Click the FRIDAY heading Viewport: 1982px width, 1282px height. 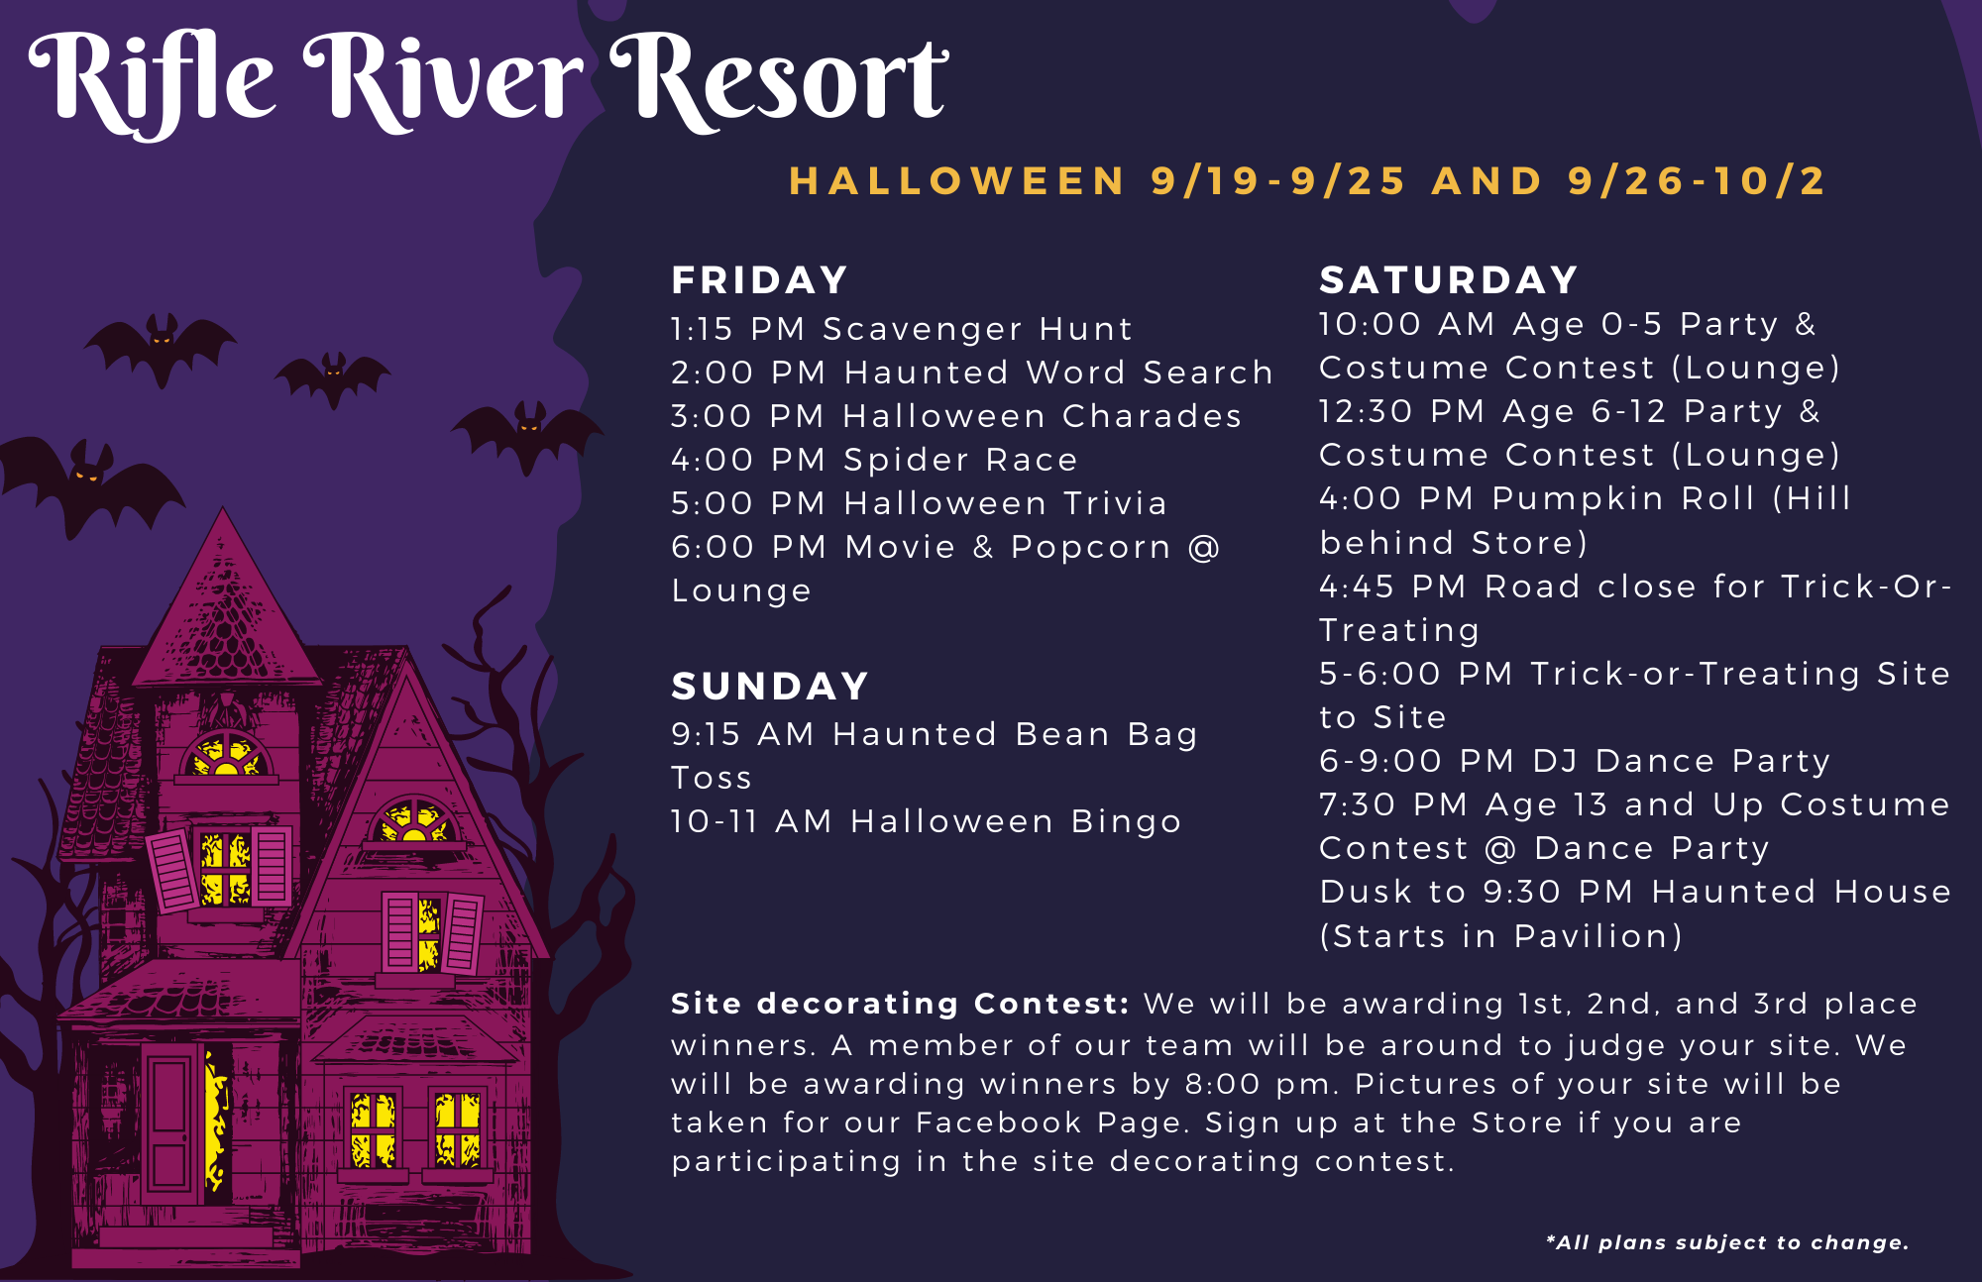point(759,280)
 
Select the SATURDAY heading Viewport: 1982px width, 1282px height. point(1449,280)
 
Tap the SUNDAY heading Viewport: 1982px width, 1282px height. point(770,687)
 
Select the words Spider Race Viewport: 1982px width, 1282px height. point(960,460)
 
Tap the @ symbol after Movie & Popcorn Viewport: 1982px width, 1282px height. point(1204,547)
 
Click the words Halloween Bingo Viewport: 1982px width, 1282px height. point(1017,821)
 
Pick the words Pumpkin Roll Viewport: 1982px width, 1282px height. point(1624,498)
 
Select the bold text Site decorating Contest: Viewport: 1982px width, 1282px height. point(900,1004)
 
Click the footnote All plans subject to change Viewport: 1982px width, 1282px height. point(1727,1242)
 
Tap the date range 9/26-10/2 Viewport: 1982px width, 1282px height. point(1697,181)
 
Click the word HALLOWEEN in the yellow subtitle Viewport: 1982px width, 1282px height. point(957,181)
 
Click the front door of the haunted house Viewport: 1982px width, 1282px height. point(169,1122)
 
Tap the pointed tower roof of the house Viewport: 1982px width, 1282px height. point(225,604)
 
